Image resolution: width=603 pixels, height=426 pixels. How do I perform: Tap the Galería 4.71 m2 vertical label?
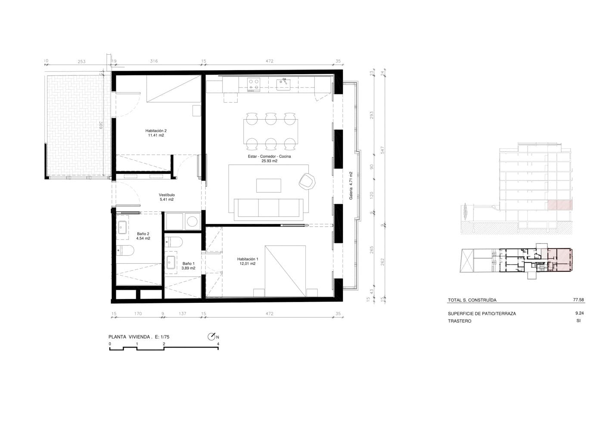[351, 186]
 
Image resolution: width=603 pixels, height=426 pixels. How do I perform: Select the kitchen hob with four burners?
[253, 85]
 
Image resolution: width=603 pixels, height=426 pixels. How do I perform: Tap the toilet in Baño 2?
[125, 250]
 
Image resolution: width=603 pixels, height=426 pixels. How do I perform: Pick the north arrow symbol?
[211, 337]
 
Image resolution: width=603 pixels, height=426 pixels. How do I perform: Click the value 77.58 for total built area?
[578, 300]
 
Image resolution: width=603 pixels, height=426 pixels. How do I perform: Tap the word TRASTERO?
[460, 321]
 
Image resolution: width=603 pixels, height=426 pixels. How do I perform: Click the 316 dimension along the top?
[154, 61]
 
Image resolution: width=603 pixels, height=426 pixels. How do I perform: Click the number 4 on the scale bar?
[218, 344]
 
